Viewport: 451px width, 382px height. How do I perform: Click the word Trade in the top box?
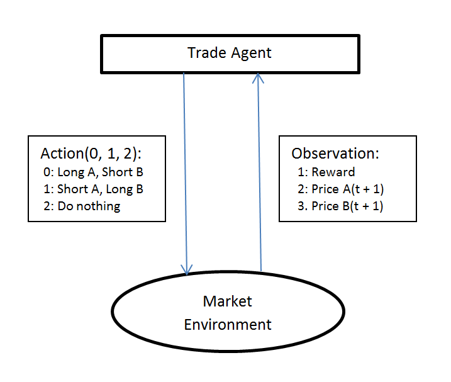tap(203, 53)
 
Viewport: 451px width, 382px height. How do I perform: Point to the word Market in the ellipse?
tap(227, 301)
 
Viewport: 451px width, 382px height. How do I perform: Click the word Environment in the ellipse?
tap(227, 325)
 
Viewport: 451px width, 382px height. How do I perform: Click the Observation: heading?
tap(335, 154)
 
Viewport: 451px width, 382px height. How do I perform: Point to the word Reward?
tap(333, 172)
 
